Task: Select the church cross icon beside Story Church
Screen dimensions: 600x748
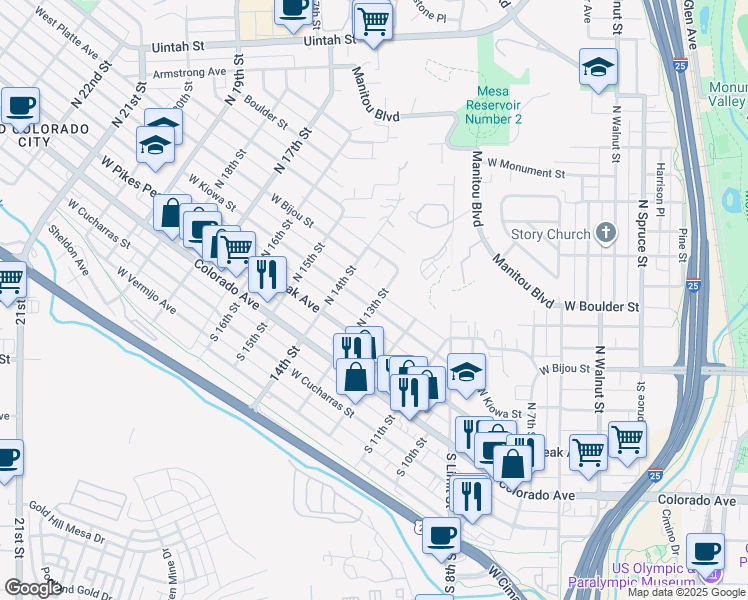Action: (x=605, y=234)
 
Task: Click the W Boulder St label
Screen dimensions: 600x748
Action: (x=601, y=306)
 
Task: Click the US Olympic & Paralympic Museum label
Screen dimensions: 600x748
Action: (x=631, y=575)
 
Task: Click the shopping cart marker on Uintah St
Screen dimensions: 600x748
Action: (x=373, y=21)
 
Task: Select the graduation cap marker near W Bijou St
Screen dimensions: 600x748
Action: (x=466, y=372)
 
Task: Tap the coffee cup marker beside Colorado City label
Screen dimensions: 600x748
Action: (x=20, y=106)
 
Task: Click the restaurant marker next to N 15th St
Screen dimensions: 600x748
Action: (x=267, y=275)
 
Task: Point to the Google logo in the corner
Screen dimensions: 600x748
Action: (x=32, y=587)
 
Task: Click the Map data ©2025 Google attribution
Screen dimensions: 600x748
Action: (x=685, y=592)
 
